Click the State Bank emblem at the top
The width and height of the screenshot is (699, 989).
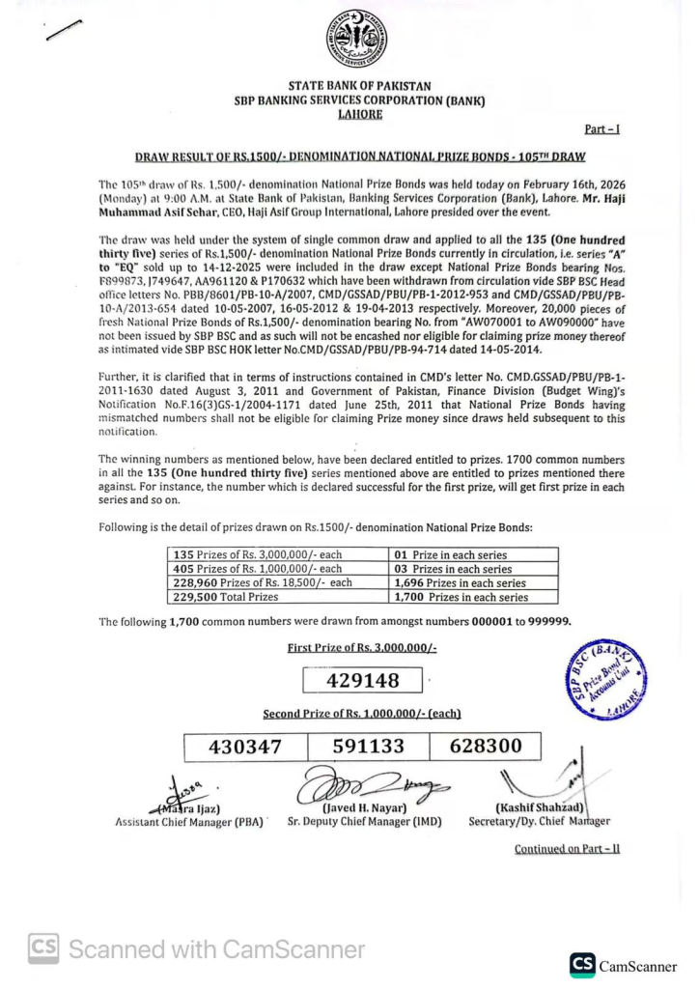coord(356,39)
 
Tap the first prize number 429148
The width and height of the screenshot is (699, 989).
coord(363,681)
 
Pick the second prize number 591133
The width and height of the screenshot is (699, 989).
coord(368,746)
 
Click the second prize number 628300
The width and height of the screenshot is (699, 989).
coord(486,746)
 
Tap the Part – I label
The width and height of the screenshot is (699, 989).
coord(602,128)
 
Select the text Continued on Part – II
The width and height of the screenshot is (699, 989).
coord(567,849)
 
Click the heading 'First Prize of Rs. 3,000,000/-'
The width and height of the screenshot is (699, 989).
coord(362,647)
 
